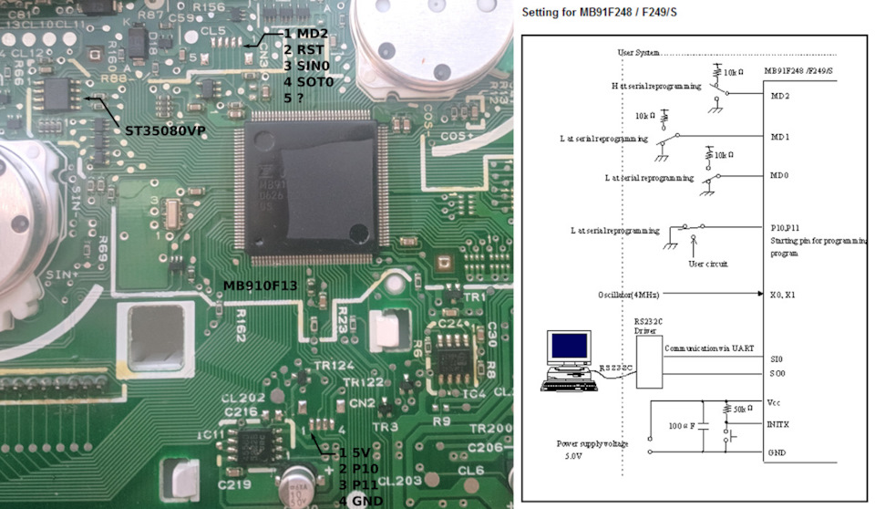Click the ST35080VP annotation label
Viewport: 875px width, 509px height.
[x=165, y=131]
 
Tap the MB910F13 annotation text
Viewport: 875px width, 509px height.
[x=261, y=286]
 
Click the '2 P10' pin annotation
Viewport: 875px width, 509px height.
[x=359, y=468]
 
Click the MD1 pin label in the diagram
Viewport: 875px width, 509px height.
[x=779, y=137]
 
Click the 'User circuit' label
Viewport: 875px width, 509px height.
[x=707, y=263]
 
